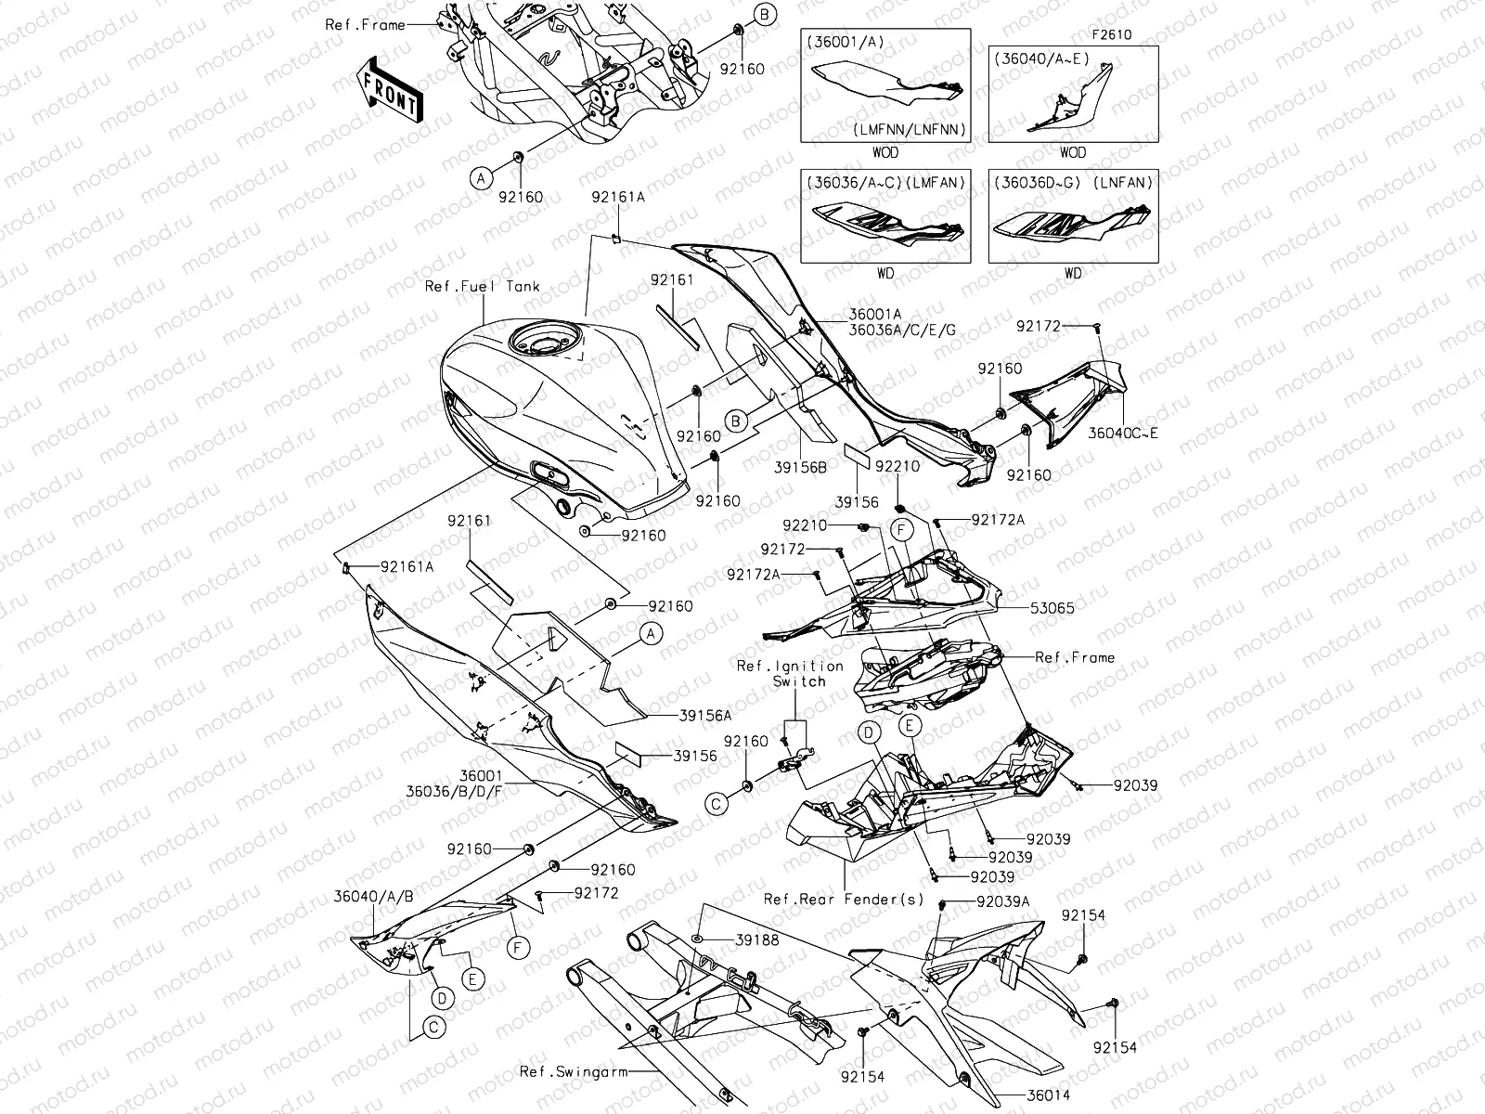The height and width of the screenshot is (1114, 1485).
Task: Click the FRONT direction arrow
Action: [391, 89]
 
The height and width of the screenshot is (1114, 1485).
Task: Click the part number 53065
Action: [1052, 609]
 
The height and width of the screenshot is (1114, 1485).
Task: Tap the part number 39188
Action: [756, 940]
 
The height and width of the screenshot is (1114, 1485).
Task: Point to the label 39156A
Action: [704, 716]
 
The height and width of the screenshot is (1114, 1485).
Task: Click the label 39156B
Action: [800, 468]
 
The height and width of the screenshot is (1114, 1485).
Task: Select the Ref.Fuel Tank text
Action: [482, 286]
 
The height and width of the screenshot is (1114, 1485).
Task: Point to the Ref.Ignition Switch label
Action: [790, 673]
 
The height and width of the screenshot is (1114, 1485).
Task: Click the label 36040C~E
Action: [1124, 433]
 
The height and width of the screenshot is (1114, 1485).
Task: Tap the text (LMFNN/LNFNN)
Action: [910, 129]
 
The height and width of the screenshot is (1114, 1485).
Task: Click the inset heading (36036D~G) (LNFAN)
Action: [1073, 183]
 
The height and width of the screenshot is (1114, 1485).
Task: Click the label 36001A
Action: [874, 315]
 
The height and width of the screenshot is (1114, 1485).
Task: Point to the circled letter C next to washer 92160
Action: [717, 804]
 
